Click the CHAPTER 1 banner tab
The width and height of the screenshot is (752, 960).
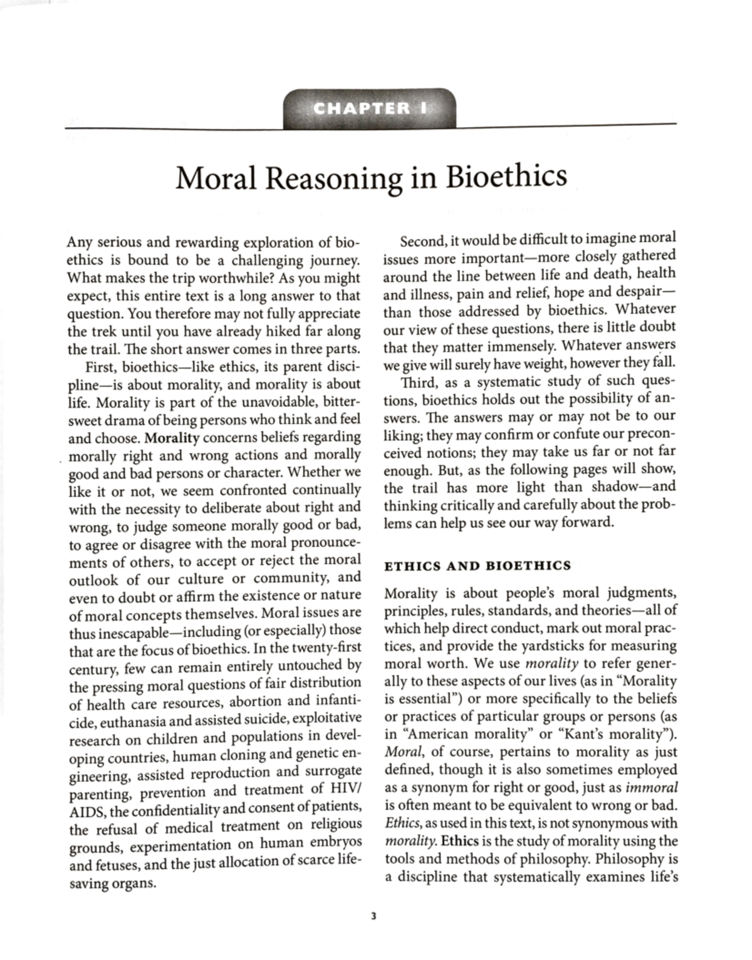point(369,108)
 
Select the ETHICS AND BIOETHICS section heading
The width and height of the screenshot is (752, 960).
point(477,565)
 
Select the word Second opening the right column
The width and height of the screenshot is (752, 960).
point(422,239)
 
